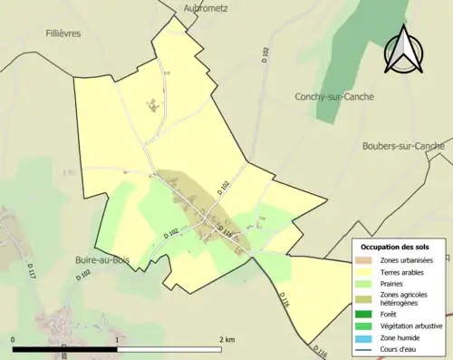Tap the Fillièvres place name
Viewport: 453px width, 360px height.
(63, 33)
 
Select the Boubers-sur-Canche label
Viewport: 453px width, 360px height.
(402, 145)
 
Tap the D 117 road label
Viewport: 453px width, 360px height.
(31, 272)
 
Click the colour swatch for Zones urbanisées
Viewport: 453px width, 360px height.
(367, 260)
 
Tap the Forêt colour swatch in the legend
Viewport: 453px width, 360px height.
(367, 315)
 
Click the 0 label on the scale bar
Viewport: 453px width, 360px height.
(14, 339)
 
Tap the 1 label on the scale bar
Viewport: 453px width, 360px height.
(118, 339)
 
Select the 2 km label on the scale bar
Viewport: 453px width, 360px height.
(227, 339)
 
